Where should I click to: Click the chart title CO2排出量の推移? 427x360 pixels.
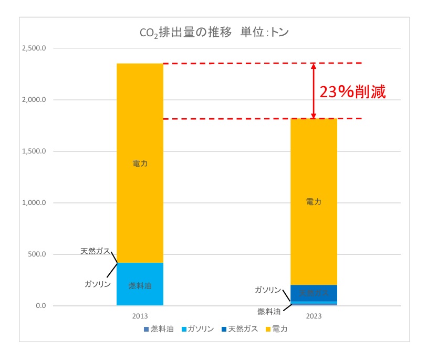214,32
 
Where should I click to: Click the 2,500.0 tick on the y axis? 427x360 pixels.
34,48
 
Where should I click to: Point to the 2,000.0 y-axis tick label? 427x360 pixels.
34,100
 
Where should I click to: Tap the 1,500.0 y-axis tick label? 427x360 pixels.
34,151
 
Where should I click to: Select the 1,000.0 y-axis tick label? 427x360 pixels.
34,203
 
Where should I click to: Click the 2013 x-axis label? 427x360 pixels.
140,317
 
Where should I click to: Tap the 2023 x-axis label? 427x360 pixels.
314,317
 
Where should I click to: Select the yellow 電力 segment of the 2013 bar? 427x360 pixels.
140,163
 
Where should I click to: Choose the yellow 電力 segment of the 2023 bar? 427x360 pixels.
314,202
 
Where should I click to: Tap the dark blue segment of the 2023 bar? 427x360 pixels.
314,293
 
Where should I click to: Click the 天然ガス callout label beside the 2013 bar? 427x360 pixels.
95,251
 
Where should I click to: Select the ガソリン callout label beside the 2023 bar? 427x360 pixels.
268,290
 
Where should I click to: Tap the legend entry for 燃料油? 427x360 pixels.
158,330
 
